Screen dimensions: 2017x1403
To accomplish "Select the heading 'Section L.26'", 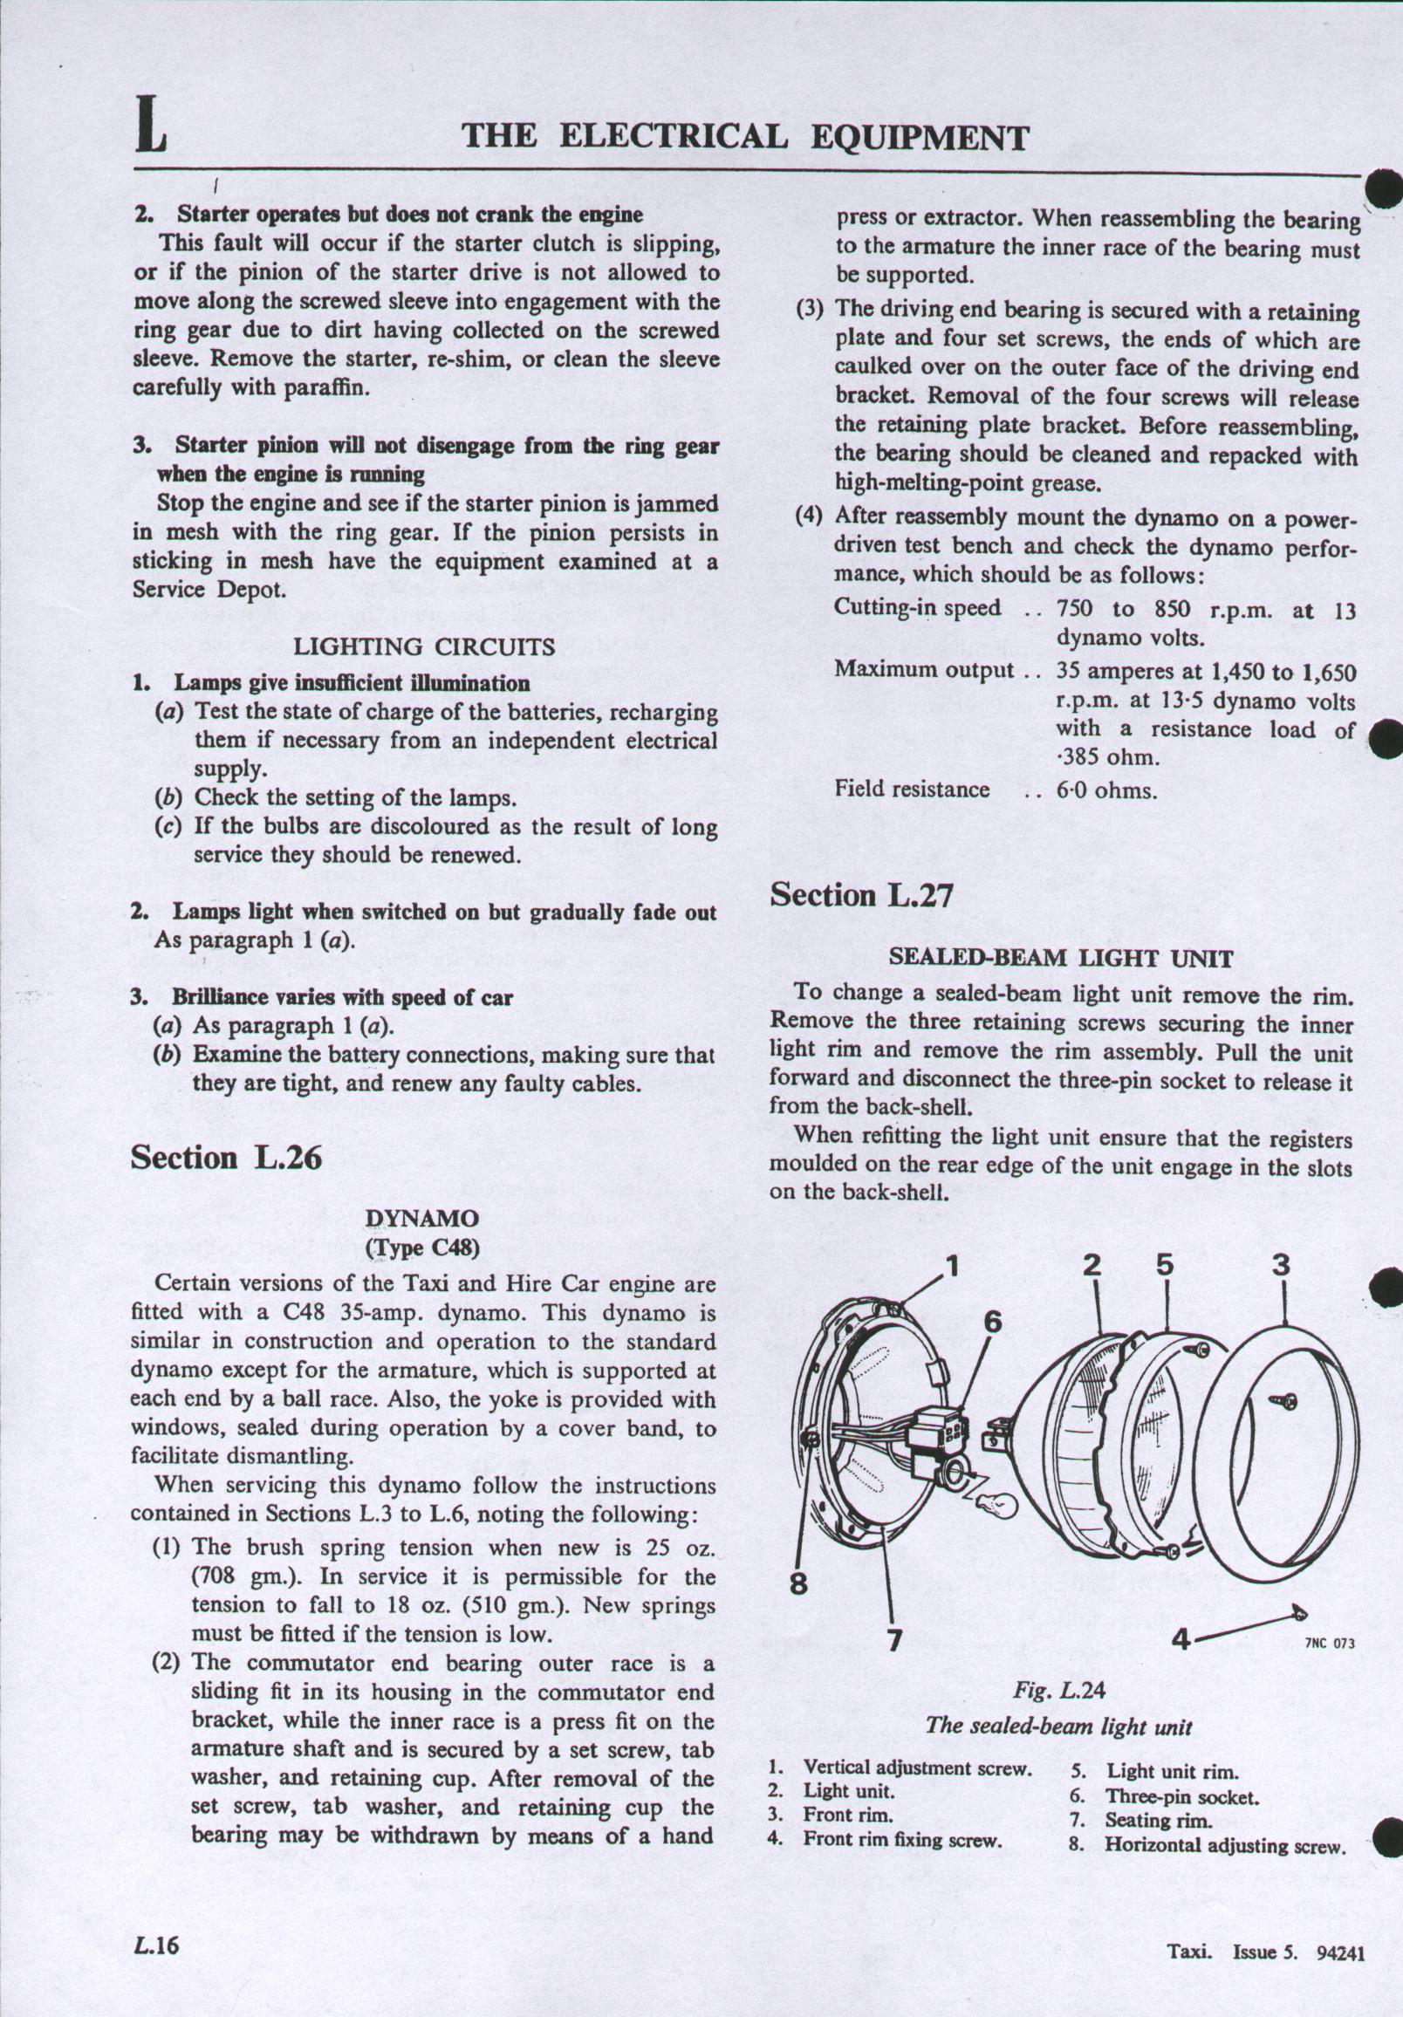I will (x=227, y=1158).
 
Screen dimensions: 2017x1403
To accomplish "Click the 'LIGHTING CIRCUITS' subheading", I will (x=423, y=647).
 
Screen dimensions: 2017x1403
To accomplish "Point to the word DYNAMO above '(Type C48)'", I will (x=422, y=1219).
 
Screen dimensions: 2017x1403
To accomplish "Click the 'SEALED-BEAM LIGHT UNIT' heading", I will (x=1061, y=959).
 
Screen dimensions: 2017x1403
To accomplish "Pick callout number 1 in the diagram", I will (x=953, y=1268).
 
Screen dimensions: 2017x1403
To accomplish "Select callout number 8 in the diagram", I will (x=797, y=1584).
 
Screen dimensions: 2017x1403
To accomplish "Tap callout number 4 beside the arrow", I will (x=1181, y=1639).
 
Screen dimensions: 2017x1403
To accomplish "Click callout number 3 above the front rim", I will (x=1282, y=1266).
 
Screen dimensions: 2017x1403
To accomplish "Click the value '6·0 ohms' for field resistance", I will (x=1106, y=790).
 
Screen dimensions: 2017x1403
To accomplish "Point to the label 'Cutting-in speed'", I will (x=917, y=608).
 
